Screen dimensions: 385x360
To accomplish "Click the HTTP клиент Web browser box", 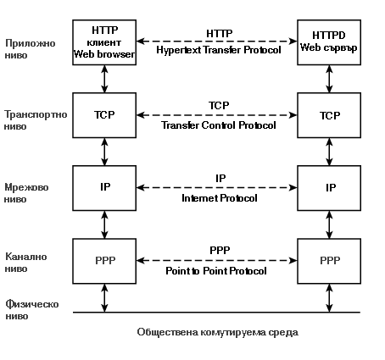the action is point(104,42).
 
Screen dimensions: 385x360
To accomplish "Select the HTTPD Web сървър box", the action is point(329,42).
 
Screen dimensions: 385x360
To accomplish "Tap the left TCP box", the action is point(104,115).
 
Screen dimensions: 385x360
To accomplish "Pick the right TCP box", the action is point(329,115).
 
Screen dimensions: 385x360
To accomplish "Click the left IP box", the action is point(104,188).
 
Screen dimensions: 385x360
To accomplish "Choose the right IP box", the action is point(329,188).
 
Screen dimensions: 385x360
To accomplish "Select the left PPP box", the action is point(104,261).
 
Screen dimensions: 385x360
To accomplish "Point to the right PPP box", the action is point(329,261).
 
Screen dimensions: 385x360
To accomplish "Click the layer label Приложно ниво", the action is point(30,49).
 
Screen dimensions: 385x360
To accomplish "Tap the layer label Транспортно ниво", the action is point(36,120).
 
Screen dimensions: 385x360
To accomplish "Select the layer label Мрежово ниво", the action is point(26,193).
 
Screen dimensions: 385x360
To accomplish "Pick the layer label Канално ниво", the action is point(26,263).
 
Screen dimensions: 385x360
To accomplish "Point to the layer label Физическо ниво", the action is point(32,310).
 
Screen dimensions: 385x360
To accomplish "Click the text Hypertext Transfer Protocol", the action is point(219,50).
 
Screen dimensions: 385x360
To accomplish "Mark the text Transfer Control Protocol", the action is point(219,125).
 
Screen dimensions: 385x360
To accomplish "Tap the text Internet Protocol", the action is point(220,198).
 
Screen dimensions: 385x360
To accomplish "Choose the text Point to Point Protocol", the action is point(216,271).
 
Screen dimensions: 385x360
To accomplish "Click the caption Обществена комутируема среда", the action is point(218,332).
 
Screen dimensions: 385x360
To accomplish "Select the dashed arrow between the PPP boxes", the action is point(217,261).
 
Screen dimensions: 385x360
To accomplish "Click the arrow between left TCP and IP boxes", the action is point(104,152).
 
